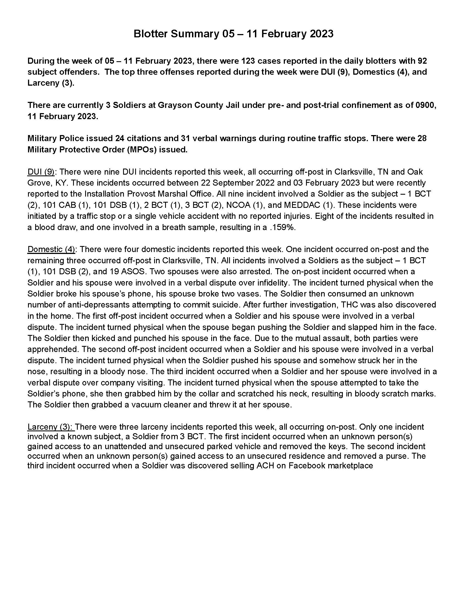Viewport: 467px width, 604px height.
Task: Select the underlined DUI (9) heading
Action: [41, 172]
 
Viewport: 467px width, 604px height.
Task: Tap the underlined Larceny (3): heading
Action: [51, 427]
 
